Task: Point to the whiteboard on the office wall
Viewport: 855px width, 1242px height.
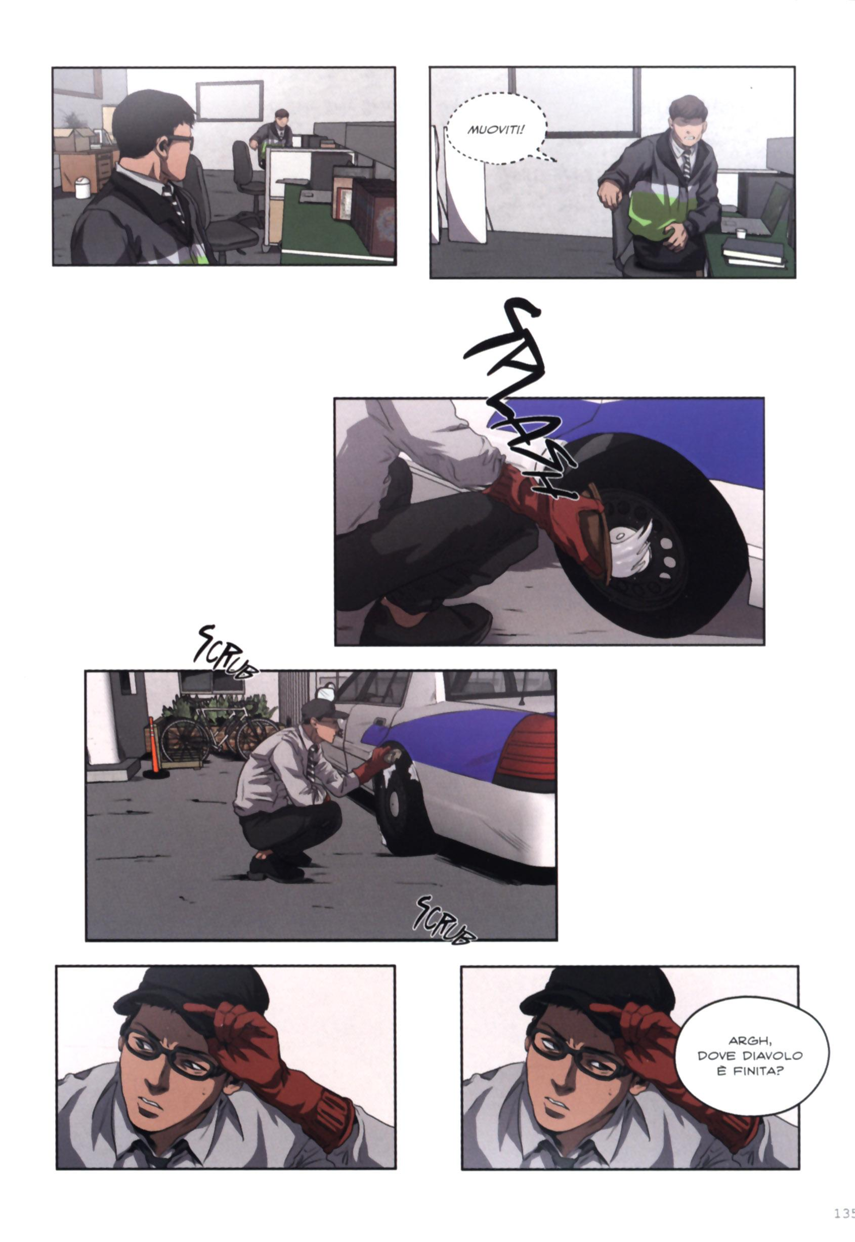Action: pos(229,101)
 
